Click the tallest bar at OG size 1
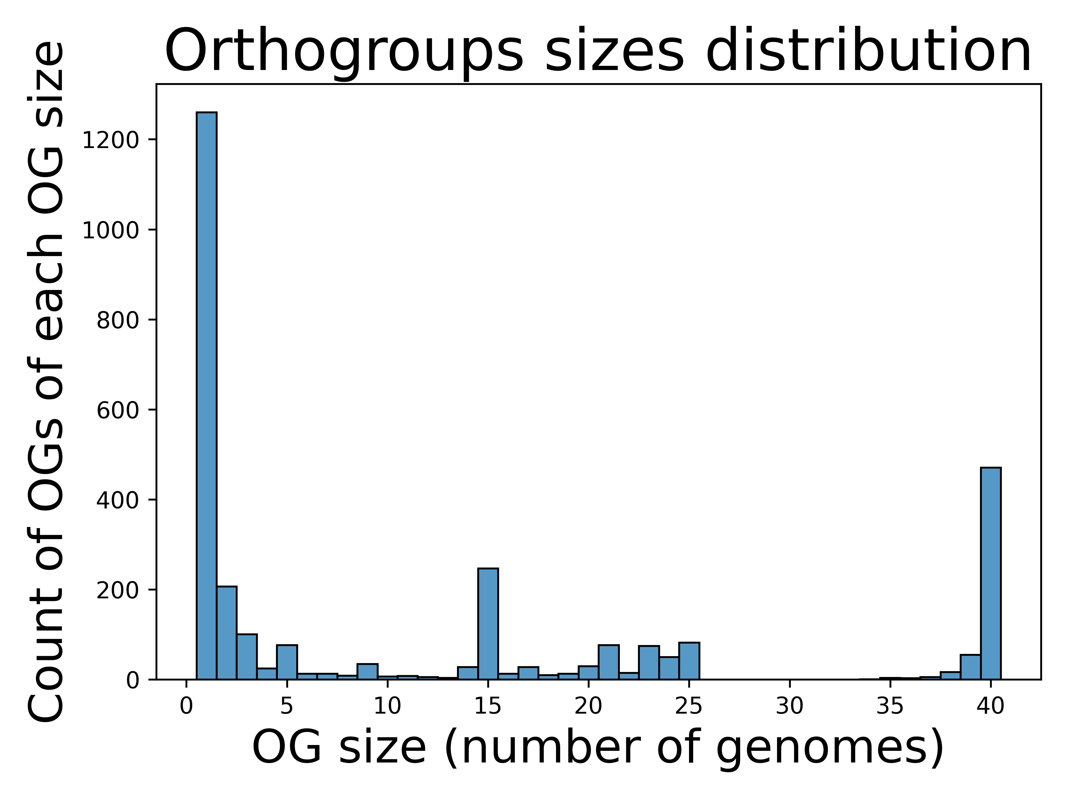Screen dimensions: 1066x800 coord(206,396)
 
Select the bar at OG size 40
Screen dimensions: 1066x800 coord(991,573)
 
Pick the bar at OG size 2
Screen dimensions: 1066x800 coord(227,633)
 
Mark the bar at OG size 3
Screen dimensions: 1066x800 coord(247,657)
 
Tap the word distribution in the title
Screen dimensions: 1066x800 coord(868,50)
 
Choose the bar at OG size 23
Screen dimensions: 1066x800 coord(649,662)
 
